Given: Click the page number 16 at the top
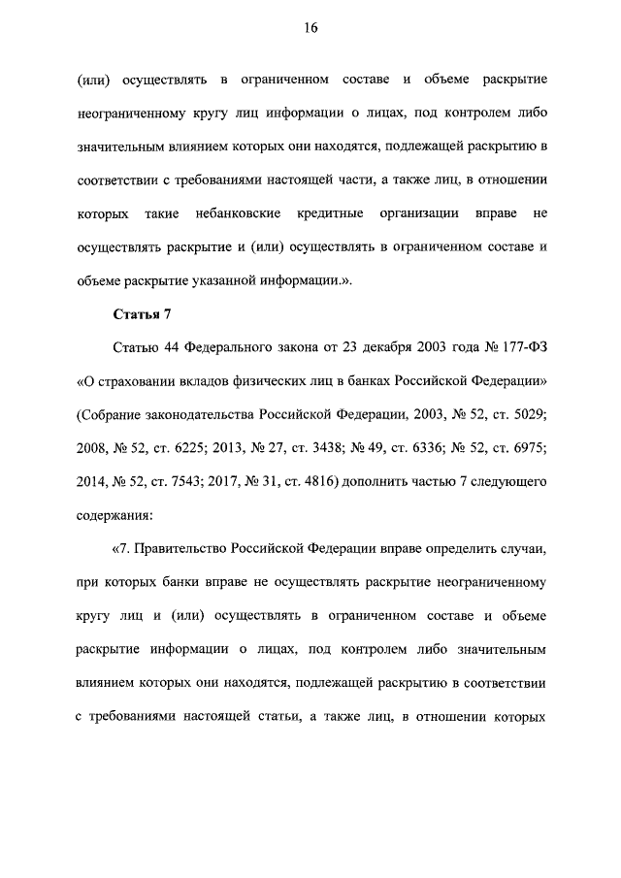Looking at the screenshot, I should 310,28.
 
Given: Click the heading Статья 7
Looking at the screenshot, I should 142,313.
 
